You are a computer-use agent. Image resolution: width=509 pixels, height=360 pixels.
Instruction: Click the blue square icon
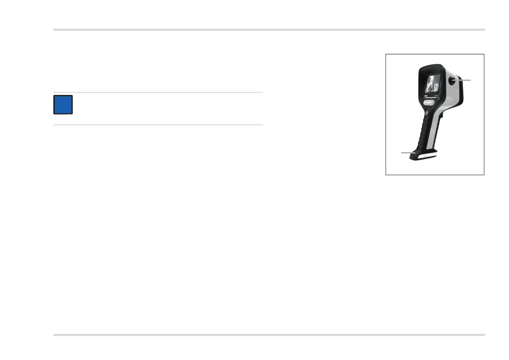point(63,105)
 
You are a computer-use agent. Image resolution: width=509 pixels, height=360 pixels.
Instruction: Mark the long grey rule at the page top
point(269,30)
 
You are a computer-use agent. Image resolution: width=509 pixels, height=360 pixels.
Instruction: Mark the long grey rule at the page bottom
point(269,335)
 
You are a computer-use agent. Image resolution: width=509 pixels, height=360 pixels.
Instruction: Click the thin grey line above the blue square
point(158,92)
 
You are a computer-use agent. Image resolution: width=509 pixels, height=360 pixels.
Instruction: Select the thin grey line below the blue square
point(158,125)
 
